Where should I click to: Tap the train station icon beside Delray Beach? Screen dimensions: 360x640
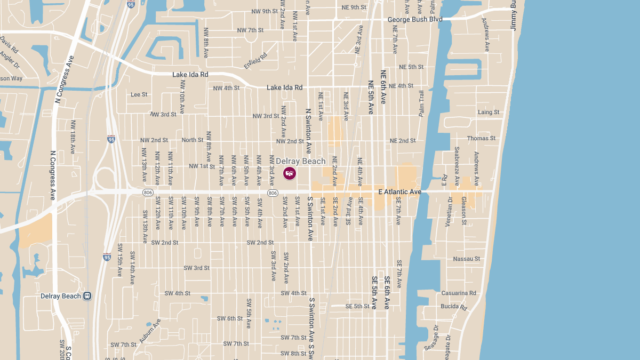tap(87, 296)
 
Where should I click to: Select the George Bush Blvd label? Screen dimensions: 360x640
tap(415, 20)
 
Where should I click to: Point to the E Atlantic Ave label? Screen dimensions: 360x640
tap(399, 191)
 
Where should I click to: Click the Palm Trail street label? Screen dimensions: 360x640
tap(421, 103)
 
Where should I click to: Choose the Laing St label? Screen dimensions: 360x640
tap(489, 113)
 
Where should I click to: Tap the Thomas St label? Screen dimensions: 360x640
tap(481, 138)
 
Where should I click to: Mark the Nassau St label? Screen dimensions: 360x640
tap(466, 259)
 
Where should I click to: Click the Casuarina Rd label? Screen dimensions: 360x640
tap(458, 293)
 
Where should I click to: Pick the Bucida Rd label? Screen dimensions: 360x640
tap(454, 307)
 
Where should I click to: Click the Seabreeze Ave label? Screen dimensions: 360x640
tap(457, 166)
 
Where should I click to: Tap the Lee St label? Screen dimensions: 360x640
tap(139, 94)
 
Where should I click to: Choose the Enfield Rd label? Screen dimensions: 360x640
tap(255, 62)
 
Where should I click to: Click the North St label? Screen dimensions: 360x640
tap(193, 140)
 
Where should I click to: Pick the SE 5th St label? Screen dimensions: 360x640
tap(357, 307)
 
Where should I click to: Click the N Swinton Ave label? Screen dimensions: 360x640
tap(308, 131)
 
